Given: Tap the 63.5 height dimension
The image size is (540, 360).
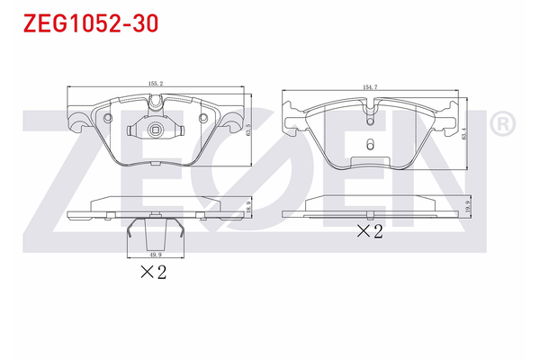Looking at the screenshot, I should (x=247, y=128).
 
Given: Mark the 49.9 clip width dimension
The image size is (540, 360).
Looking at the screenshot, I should (x=155, y=255).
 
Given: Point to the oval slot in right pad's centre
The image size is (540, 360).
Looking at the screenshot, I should (x=369, y=144).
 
